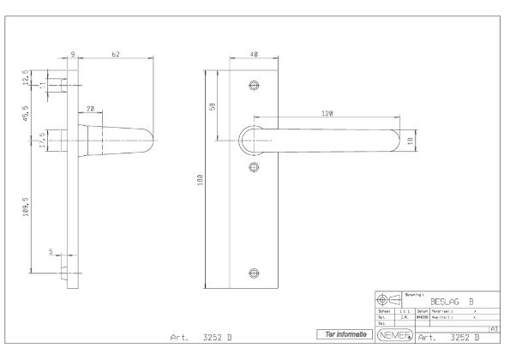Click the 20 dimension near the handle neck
point(89,109)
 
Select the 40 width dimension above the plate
point(253,54)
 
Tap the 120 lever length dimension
point(327,113)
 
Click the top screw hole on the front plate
point(252,86)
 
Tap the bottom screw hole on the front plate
point(252,273)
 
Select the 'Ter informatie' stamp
point(344,333)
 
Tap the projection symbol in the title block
point(388,300)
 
